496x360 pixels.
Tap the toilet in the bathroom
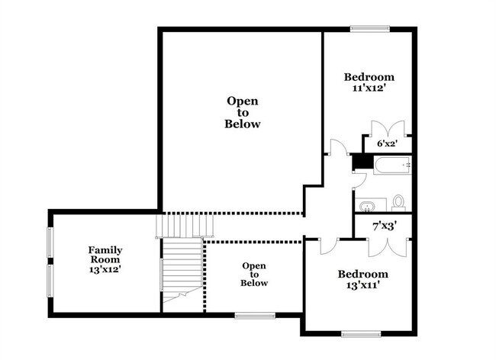[398, 203]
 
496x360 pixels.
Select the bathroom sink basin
[368, 206]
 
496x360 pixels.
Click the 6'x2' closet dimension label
[387, 143]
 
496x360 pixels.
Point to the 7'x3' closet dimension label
[382, 225]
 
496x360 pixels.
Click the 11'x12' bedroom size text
[369, 88]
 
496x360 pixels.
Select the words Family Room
[105, 255]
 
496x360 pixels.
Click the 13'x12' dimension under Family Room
[105, 269]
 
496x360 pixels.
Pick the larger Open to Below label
[243, 112]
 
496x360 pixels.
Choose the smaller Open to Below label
[254, 274]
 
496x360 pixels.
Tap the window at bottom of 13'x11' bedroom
[361, 333]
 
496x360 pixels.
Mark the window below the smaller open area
[254, 314]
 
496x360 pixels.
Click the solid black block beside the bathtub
[356, 162]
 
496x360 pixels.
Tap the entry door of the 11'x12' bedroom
[337, 147]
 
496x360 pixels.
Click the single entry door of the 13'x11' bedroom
[327, 245]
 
